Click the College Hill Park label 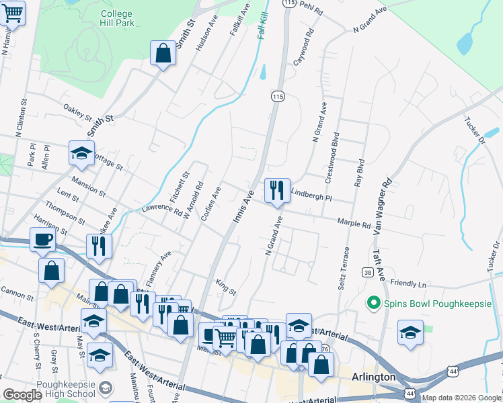(116, 18)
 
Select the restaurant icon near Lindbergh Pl (276, 191)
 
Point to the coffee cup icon (44, 239)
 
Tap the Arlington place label (373, 377)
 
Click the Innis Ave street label (243, 207)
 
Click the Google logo (22, 395)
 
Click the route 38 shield (366, 272)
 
